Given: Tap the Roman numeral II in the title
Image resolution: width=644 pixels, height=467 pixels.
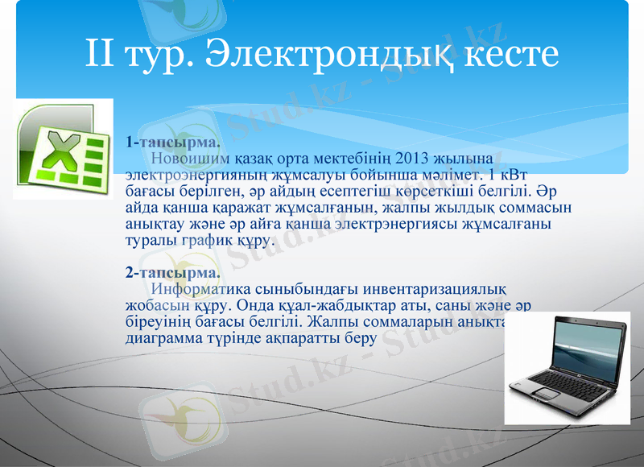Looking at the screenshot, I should [x=101, y=54].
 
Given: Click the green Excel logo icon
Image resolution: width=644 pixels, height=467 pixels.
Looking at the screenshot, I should [x=64, y=148].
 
